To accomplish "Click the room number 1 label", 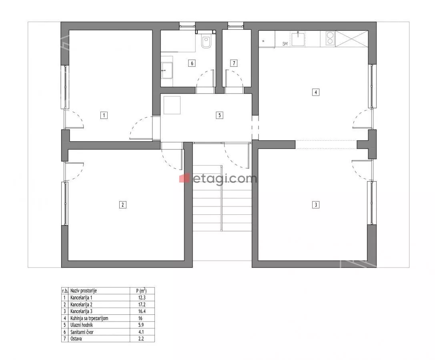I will coord(104,115).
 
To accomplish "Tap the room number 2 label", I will coord(123,205).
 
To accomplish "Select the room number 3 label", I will coord(316,205).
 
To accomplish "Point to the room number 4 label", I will coord(316,92).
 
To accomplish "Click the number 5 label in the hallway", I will coord(219,115).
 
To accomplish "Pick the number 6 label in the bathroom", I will coord(192,63).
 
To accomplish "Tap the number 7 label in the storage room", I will coord(234,63).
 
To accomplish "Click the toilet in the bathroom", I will coord(206,42).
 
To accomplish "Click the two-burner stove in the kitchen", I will coord(330,38).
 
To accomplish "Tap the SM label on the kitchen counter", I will coord(285,44).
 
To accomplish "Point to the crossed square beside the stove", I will coord(352,39).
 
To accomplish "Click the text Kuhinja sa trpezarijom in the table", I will coord(89,318).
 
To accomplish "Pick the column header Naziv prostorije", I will coord(84,291).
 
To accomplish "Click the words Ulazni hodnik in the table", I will coord(82,325).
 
